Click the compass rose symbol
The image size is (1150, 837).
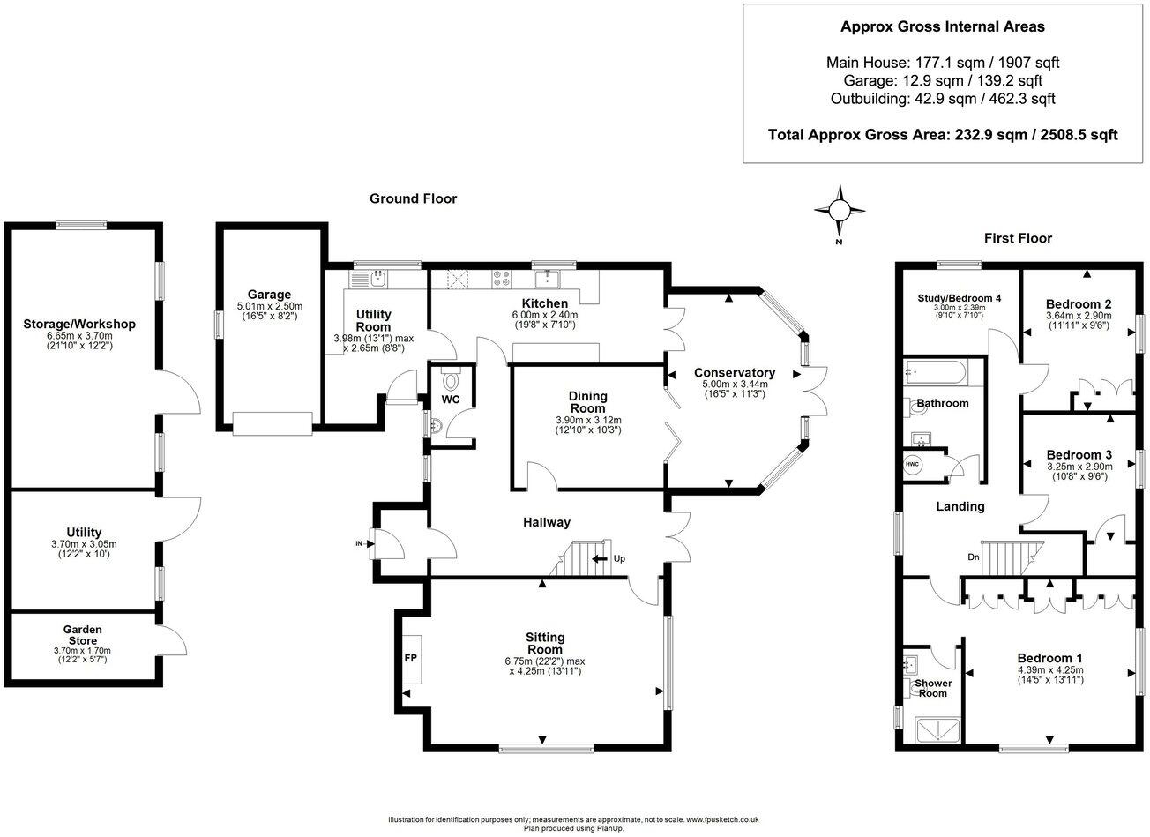pos(840,210)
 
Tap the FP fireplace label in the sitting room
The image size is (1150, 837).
pos(410,657)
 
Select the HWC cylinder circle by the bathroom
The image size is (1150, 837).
pos(911,464)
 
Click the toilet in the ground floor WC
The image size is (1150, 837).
pos(452,381)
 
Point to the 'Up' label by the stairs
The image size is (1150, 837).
pos(619,558)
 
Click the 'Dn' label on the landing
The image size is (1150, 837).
pos(973,557)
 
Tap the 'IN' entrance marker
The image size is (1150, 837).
pos(359,543)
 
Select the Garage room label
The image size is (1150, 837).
pos(269,295)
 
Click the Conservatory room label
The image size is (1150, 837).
pos(734,372)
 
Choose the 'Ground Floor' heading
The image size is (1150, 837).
pos(413,198)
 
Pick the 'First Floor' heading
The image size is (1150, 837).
pos(1018,238)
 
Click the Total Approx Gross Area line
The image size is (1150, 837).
pos(942,135)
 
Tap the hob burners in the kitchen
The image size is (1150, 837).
pos(502,279)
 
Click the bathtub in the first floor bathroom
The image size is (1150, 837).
pos(937,372)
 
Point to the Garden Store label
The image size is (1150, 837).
pos(82,635)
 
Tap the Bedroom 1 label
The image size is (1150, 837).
pos(1049,658)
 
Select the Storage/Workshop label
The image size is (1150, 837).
pos(79,324)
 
